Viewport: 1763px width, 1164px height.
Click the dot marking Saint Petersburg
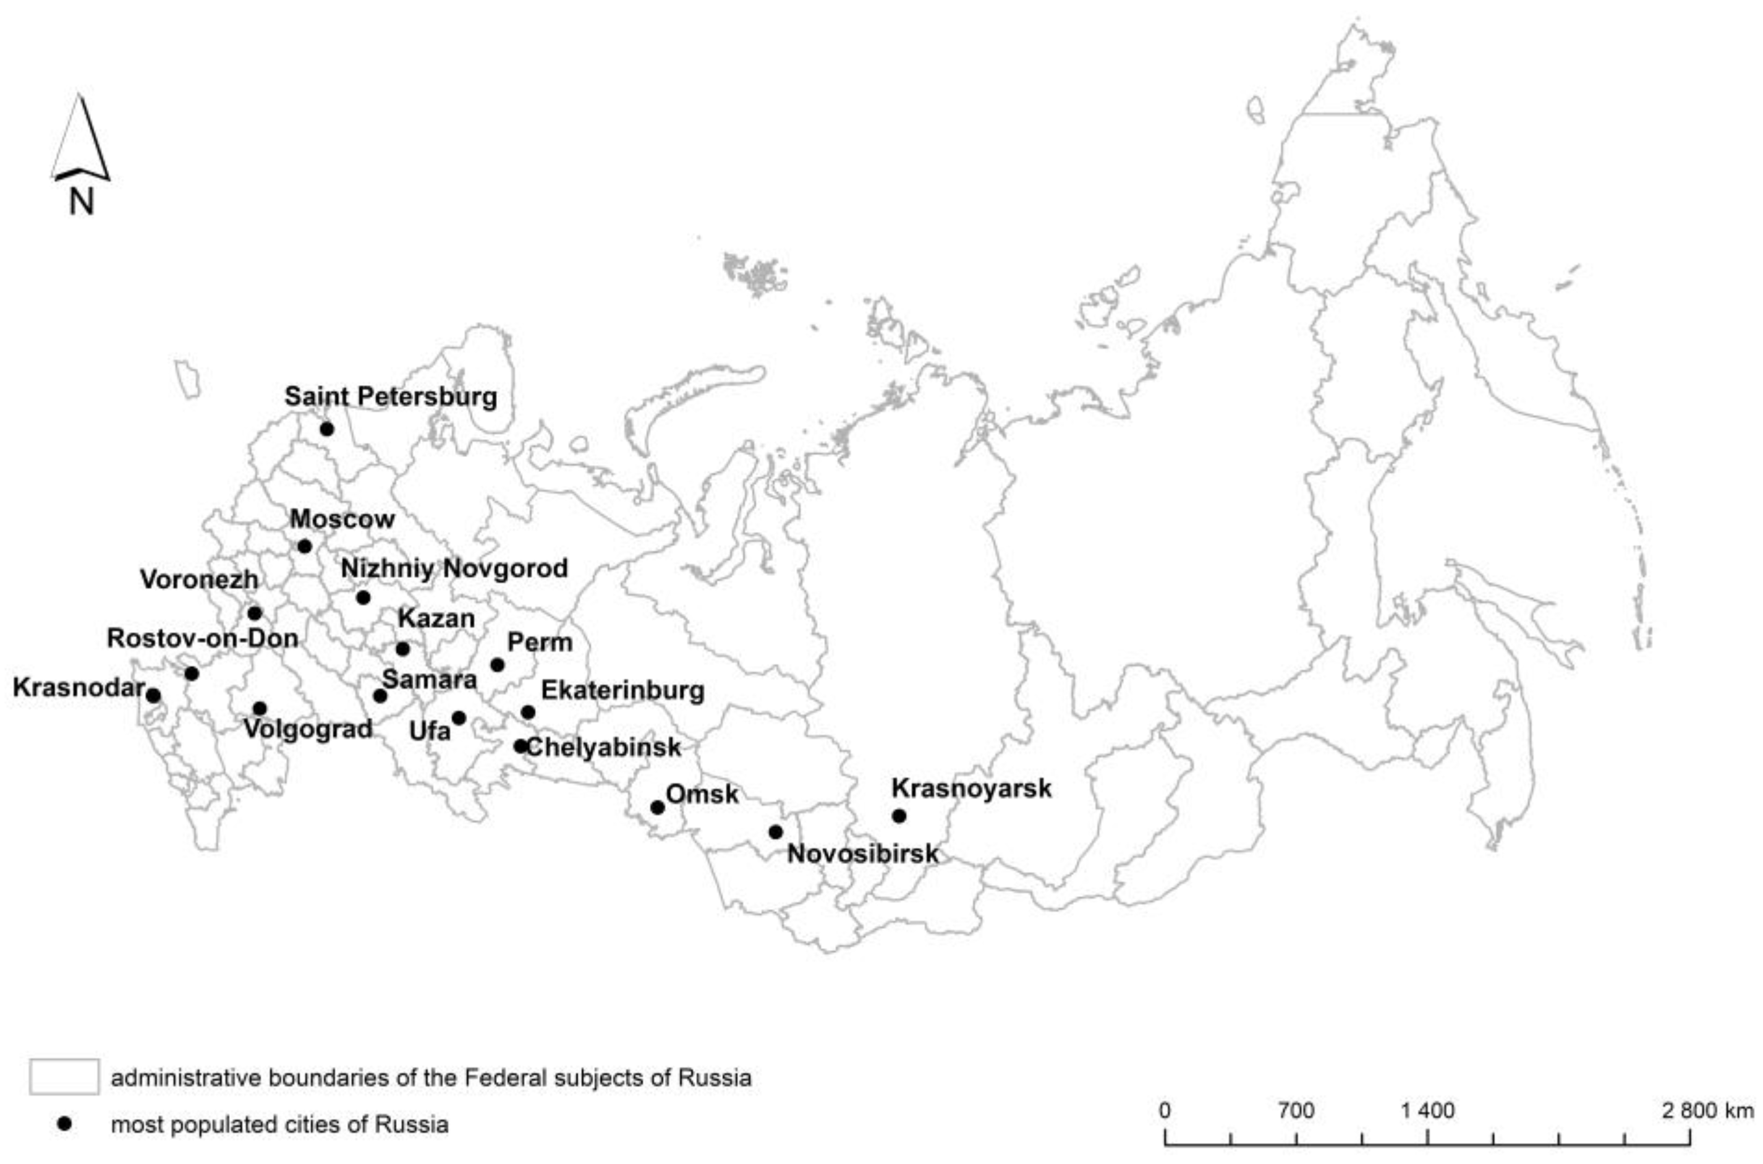[x=326, y=429]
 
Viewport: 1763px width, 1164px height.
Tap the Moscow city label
[x=342, y=519]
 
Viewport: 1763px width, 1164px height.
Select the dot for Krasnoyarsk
[x=899, y=816]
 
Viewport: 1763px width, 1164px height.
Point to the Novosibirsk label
[x=862, y=854]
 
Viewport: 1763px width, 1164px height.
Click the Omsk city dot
[x=656, y=808]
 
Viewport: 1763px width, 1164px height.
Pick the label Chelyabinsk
[x=603, y=747]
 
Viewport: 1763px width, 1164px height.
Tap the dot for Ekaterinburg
[x=527, y=713]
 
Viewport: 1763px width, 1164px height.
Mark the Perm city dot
[x=497, y=665]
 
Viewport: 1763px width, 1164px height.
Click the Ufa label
[x=430, y=731]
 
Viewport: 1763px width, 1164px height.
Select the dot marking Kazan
[x=402, y=649]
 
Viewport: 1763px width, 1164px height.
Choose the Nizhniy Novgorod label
[x=454, y=568]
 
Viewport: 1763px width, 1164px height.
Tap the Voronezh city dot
[x=255, y=613]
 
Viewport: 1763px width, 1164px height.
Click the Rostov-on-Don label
[x=203, y=638]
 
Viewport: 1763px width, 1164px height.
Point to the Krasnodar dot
[x=153, y=696]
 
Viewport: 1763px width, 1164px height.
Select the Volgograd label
[x=308, y=729]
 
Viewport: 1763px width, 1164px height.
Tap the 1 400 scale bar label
[x=1427, y=1111]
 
